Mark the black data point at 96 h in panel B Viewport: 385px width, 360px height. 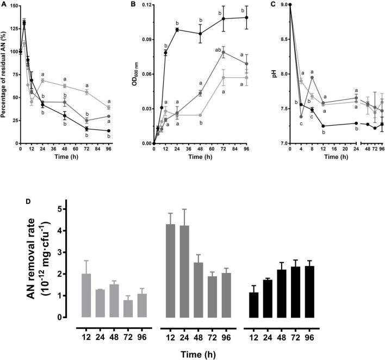click(247, 17)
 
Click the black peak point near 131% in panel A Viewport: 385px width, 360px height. click(24, 23)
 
